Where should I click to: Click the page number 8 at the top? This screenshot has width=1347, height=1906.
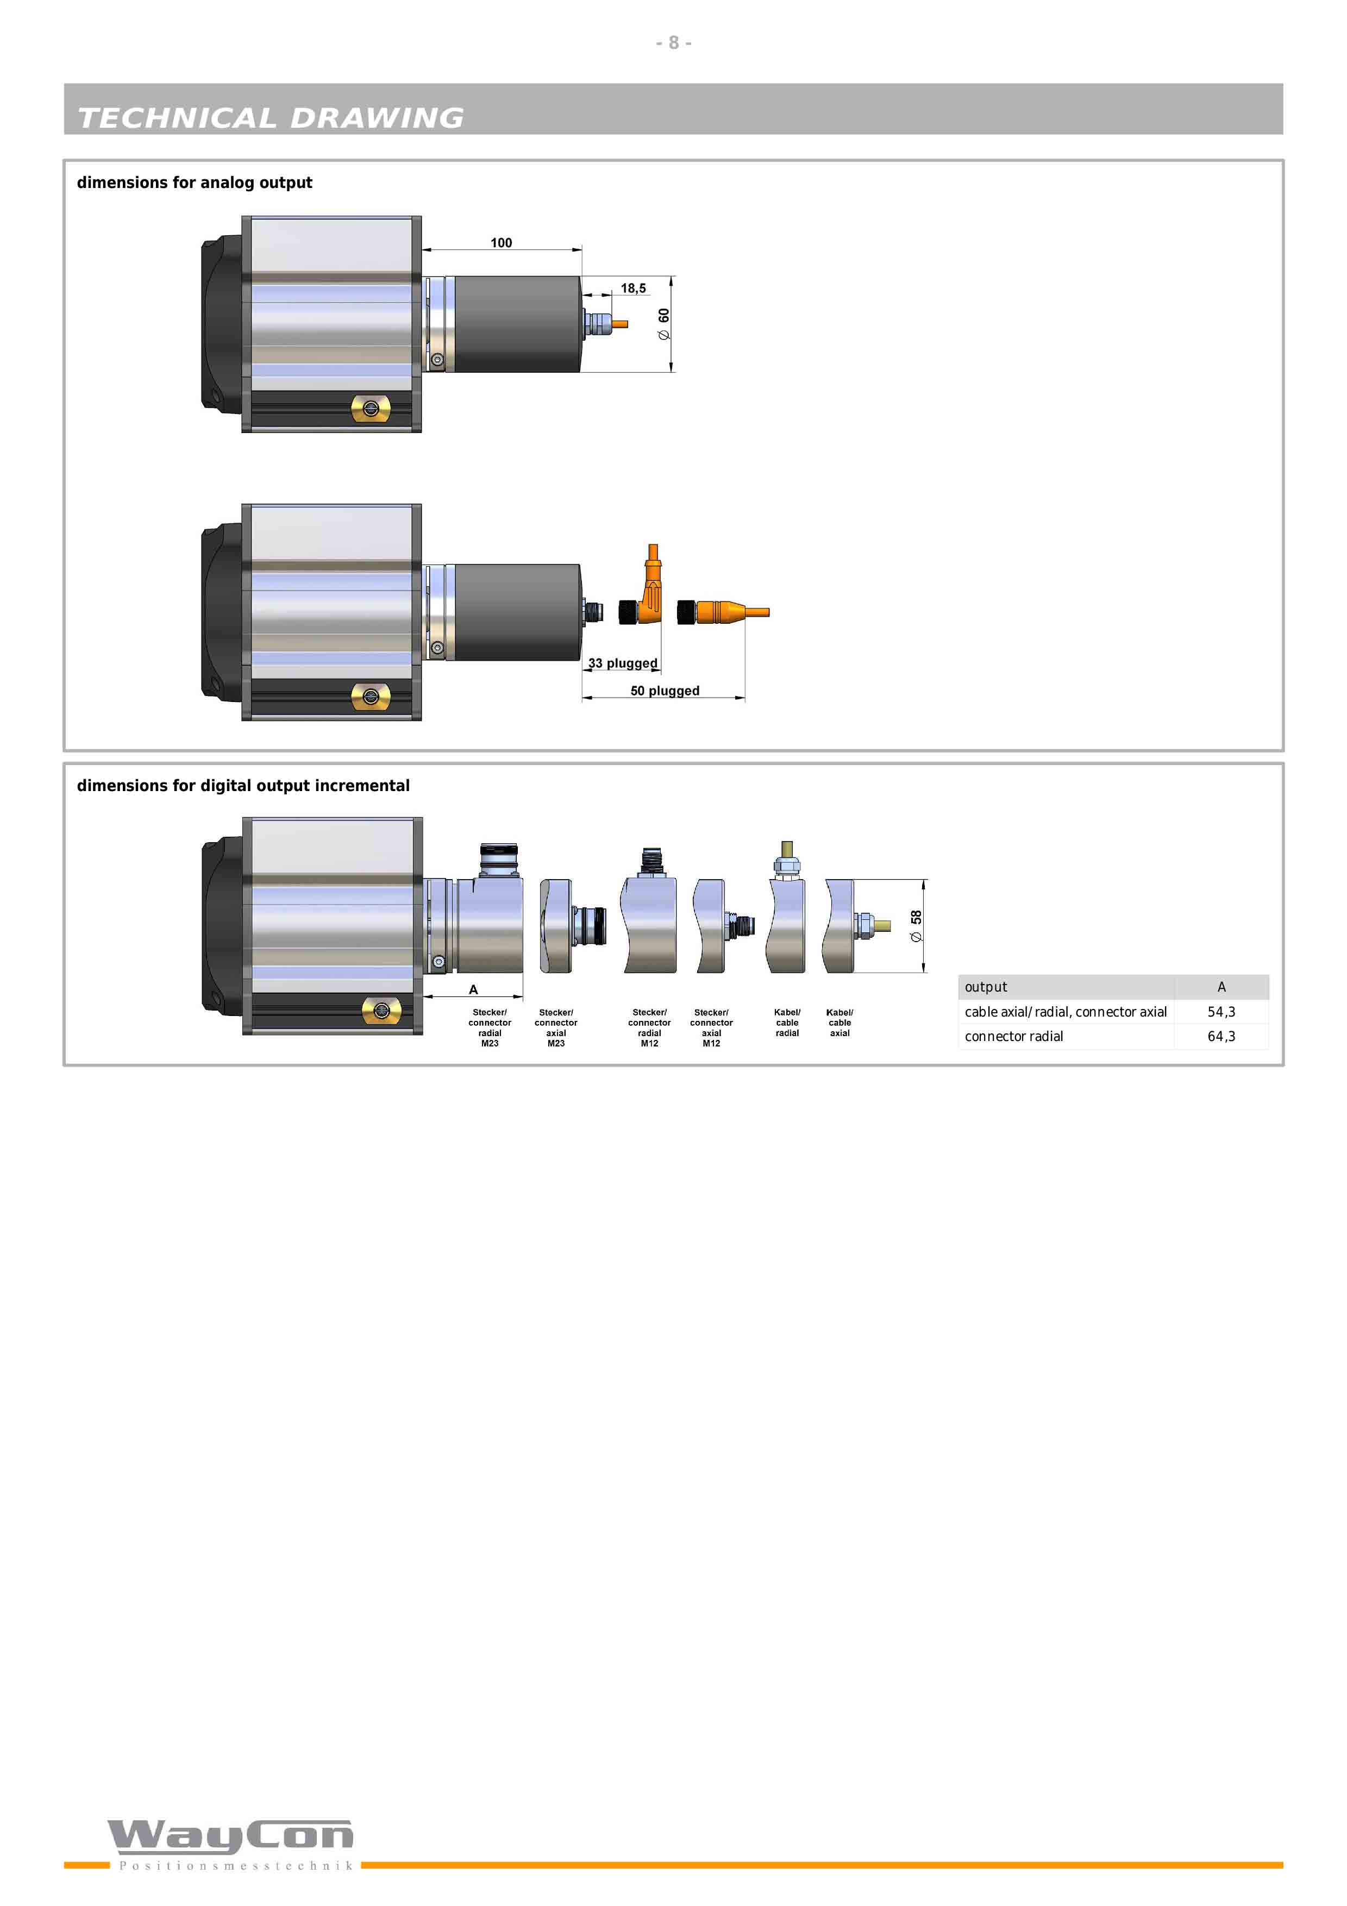click(673, 42)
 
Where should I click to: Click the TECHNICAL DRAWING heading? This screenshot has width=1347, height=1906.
click(271, 118)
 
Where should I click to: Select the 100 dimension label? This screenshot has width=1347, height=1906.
click(502, 242)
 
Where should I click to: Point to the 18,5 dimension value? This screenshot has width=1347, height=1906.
click(633, 288)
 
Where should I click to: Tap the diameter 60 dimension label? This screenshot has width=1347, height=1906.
click(663, 324)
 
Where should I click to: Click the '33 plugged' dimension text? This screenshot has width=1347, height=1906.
click(623, 663)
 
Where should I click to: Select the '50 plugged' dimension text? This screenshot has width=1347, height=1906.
click(665, 691)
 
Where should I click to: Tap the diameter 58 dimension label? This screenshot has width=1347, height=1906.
click(916, 926)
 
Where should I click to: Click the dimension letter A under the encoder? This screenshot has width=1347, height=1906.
click(473, 989)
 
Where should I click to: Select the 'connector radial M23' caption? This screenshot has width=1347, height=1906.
click(490, 1028)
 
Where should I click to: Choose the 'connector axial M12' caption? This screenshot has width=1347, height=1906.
click(711, 1028)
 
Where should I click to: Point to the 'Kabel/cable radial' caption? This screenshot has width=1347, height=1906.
click(787, 1023)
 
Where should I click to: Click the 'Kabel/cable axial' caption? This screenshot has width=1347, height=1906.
click(840, 1023)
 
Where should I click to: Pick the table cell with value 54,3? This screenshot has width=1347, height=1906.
click(1221, 1012)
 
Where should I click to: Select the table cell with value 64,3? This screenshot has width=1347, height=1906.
click(1221, 1036)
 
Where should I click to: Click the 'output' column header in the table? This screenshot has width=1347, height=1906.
click(986, 987)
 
